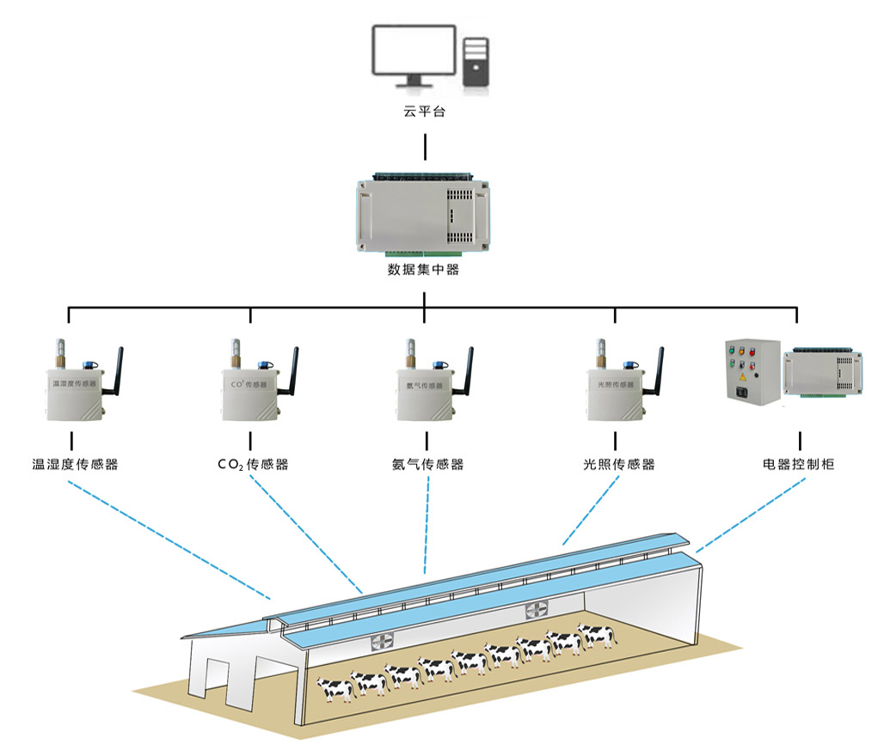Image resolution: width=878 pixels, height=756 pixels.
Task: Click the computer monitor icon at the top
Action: click(x=413, y=53)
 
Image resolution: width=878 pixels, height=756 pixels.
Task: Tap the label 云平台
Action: click(x=425, y=113)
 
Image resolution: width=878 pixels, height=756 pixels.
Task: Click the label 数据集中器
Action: click(x=424, y=270)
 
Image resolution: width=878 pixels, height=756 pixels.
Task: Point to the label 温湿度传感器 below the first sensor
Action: click(x=75, y=465)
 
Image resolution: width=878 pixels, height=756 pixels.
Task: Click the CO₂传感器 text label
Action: click(x=253, y=465)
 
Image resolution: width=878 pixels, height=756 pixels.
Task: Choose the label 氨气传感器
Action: click(x=427, y=465)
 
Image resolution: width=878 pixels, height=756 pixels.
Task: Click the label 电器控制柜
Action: click(x=798, y=465)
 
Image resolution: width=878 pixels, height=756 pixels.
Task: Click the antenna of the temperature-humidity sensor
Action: click(x=119, y=369)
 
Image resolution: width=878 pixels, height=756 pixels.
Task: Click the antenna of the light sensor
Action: click(x=658, y=369)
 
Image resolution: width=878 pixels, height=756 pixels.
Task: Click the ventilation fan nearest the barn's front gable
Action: click(x=384, y=642)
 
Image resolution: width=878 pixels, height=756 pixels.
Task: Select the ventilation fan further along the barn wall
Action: click(x=537, y=611)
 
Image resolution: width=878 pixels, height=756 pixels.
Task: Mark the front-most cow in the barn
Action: click(x=335, y=687)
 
